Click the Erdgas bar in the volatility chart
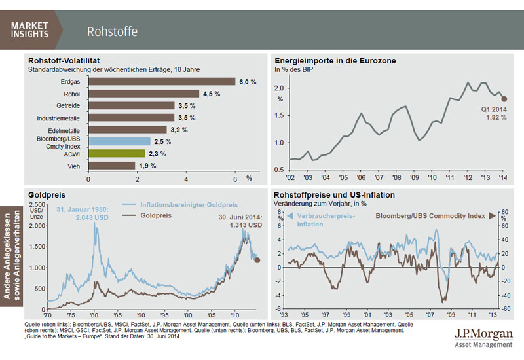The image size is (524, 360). click(x=162, y=82)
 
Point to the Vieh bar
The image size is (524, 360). click(x=112, y=165)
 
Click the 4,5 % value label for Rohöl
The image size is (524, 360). click(x=211, y=94)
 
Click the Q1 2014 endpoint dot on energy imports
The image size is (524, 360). click(x=504, y=99)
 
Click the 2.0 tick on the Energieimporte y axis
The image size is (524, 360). click(x=279, y=88)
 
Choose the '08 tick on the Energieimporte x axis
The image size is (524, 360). click(x=392, y=177)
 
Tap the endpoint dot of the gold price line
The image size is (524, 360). click(x=257, y=260)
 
